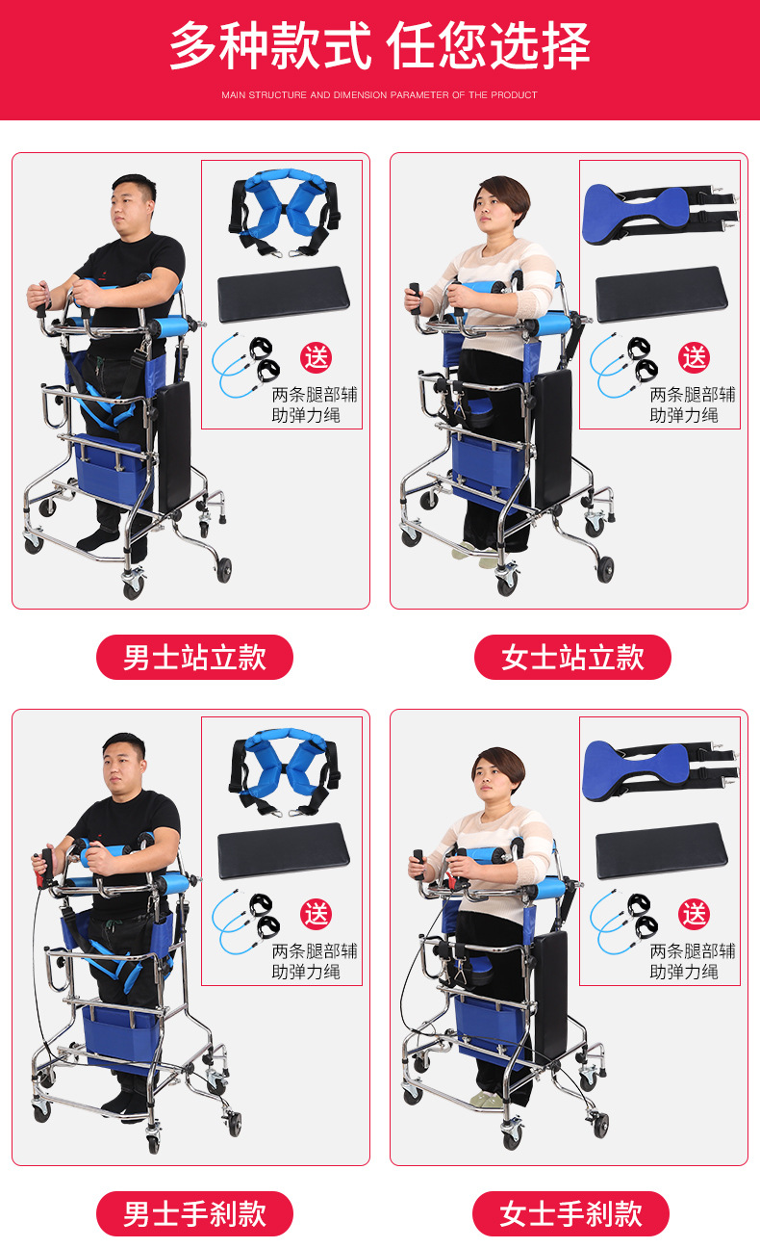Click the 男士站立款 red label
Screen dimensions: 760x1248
tap(194, 657)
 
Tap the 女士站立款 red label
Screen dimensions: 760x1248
tap(572, 657)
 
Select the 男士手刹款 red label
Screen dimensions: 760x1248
tap(194, 1213)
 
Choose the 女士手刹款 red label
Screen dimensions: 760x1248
tap(571, 1213)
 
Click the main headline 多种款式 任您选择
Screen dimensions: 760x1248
tap(380, 45)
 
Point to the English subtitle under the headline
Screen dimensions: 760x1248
tap(379, 94)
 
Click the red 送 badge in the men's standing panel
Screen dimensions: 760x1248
tap(317, 357)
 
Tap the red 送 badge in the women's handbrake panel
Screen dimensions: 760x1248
tap(694, 914)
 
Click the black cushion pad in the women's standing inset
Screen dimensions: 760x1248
tap(662, 294)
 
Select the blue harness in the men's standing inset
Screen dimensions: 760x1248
tap(284, 212)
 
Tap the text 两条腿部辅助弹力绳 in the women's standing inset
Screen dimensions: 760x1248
tap(693, 404)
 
